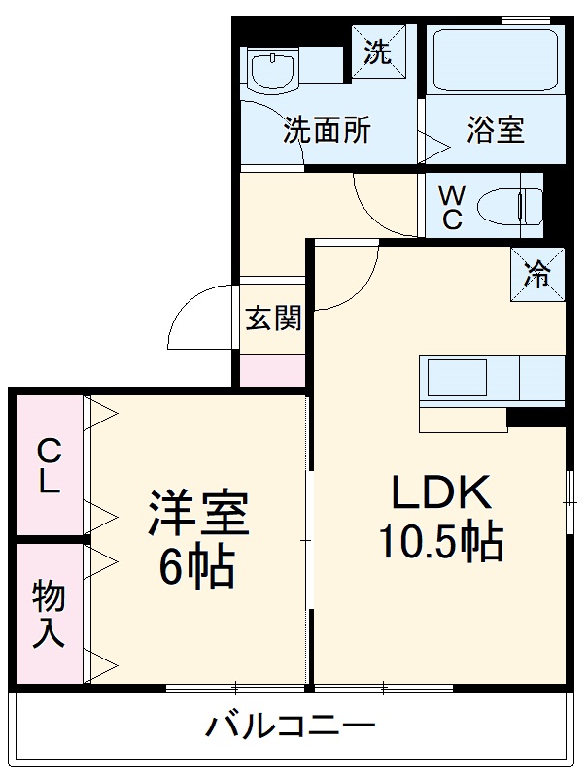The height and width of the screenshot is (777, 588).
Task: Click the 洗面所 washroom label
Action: pyautogui.click(x=327, y=131)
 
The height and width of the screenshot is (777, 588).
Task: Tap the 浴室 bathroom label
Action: pyautogui.click(x=495, y=131)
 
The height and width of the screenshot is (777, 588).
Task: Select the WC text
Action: pyautogui.click(x=452, y=207)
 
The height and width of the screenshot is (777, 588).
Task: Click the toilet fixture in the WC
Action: pyautogui.click(x=516, y=206)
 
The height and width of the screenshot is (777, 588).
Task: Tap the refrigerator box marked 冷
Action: pyautogui.click(x=536, y=275)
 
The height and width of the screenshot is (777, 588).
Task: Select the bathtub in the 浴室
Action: pyautogui.click(x=495, y=61)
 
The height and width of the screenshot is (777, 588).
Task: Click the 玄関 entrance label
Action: pyautogui.click(x=272, y=319)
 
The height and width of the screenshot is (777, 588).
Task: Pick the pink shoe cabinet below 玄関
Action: pyautogui.click(x=272, y=370)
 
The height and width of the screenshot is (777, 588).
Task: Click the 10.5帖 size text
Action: pyautogui.click(x=440, y=543)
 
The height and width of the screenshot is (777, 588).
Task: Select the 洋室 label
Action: pyautogui.click(x=198, y=514)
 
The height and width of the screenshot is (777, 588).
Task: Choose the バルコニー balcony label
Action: pyautogui.click(x=291, y=726)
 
